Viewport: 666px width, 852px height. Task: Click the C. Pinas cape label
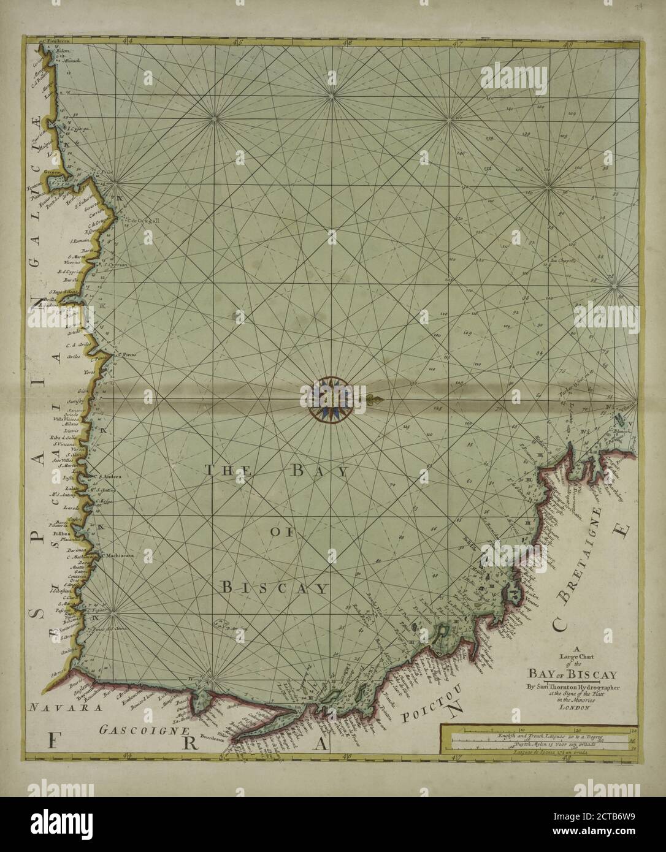(126, 353)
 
